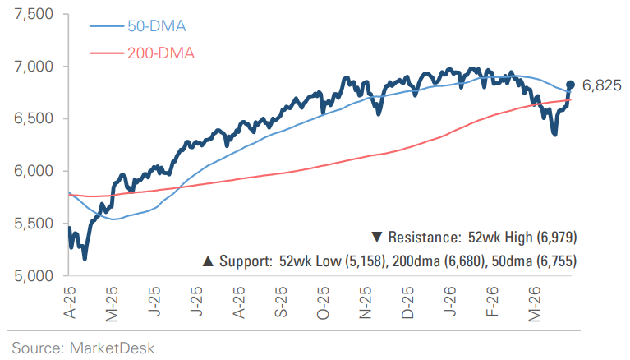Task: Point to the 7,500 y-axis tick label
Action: coord(29,14)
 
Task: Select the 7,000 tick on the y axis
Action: coord(29,66)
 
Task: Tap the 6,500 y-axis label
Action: coord(29,118)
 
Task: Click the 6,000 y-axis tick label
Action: coord(29,171)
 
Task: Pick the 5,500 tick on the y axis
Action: coord(29,224)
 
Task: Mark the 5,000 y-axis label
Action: coord(29,276)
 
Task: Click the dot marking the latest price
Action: coord(570,85)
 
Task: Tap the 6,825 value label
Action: coord(601,85)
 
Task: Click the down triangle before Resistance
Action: coord(376,238)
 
